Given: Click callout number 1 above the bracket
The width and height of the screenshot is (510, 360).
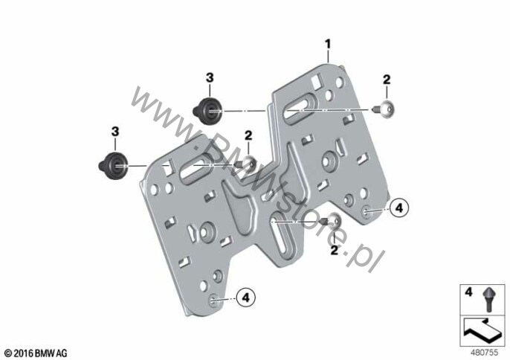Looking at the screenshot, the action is tap(328, 45).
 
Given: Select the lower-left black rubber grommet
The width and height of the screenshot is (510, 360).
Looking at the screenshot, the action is tap(113, 165).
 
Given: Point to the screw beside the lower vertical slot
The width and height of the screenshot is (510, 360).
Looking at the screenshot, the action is tap(331, 221).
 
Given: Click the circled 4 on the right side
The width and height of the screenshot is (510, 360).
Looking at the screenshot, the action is tap(399, 208).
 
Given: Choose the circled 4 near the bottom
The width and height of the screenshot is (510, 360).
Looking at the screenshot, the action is tap(246, 298).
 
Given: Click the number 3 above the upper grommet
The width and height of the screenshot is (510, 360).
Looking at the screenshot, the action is tap(210, 78).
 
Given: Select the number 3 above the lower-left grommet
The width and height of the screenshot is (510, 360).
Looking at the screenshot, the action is tap(115, 132).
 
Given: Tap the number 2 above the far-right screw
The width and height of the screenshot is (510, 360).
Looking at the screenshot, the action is tap(387, 80).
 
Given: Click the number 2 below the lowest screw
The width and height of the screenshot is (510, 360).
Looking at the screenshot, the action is tap(335, 251).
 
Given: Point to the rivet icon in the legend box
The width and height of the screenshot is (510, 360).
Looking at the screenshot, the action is tap(488, 299).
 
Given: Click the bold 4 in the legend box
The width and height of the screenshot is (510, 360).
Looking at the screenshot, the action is tap(468, 292).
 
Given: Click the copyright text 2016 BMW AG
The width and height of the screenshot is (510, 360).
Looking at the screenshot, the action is tap(36, 353).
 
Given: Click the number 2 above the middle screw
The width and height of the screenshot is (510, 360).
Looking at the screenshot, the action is tap(248, 135).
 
